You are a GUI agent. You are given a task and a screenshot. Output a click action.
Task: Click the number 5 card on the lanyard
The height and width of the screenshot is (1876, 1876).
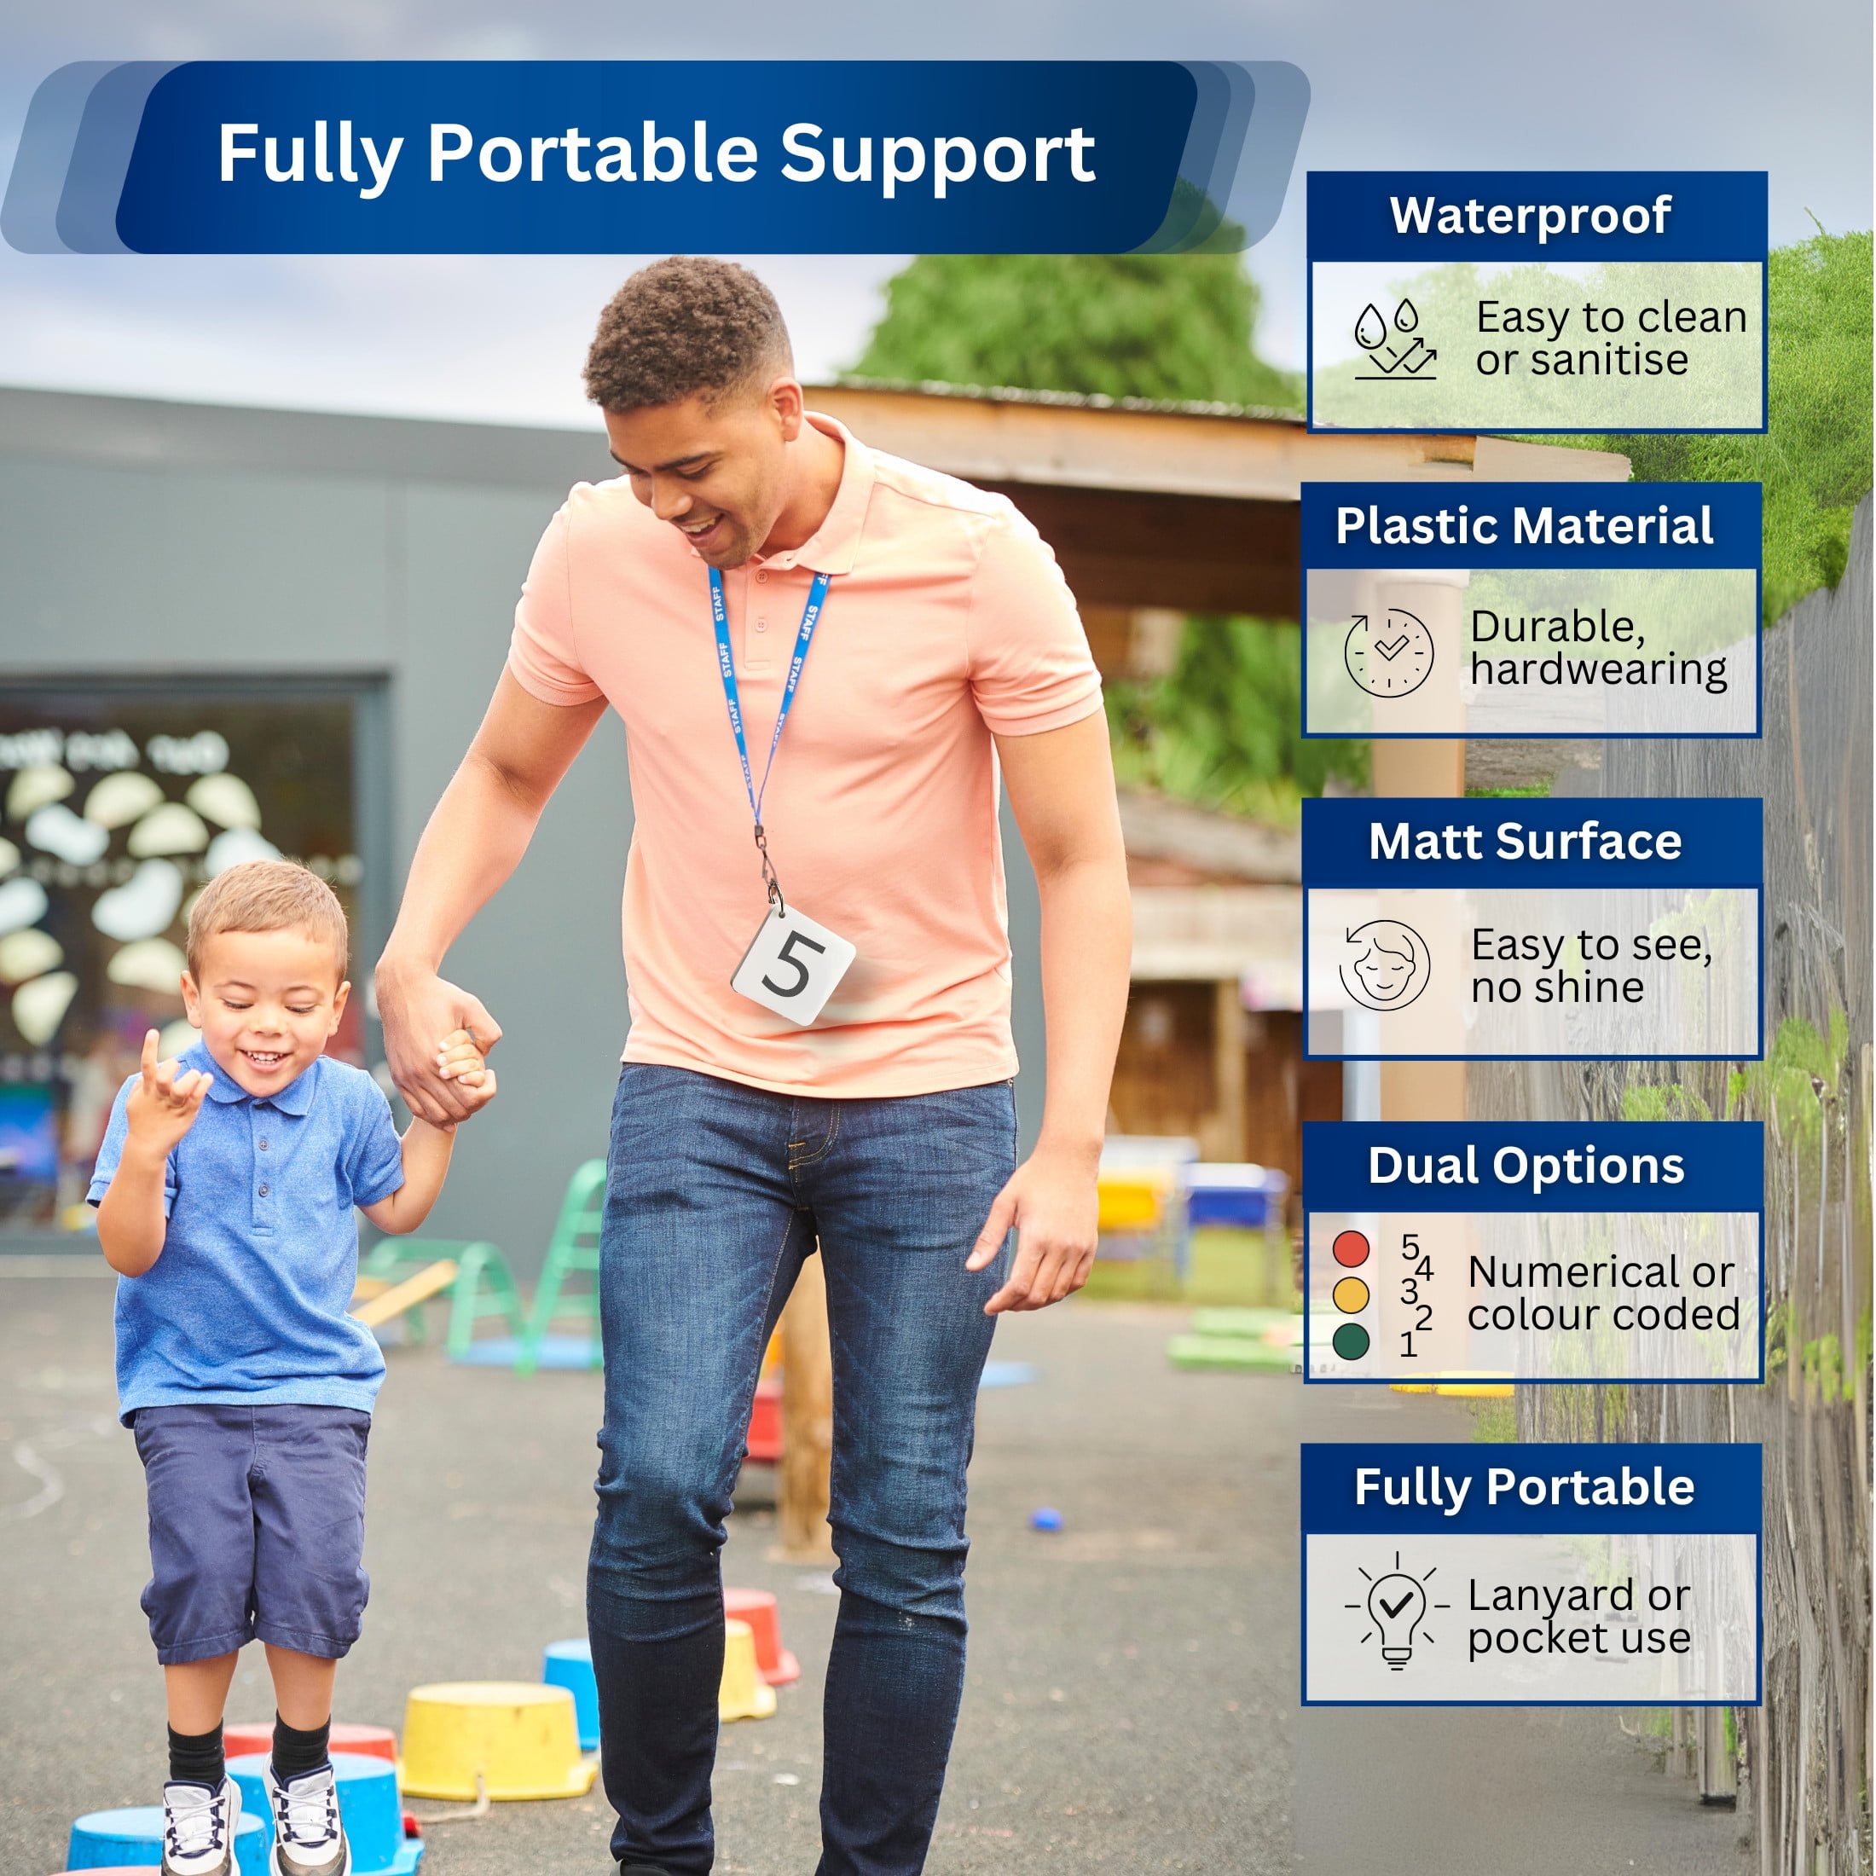click(792, 964)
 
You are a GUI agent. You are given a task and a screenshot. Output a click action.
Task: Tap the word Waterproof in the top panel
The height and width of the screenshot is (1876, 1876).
click(1531, 216)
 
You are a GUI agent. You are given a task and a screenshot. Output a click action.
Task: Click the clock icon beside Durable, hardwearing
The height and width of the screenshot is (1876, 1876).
click(1388, 651)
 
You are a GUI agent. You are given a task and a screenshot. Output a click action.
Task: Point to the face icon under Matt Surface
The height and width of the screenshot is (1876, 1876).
click(1384, 966)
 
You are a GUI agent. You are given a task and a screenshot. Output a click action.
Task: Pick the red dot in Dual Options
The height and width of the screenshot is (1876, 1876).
click(1351, 1248)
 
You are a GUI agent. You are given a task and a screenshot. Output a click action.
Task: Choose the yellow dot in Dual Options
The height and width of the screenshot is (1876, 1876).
click(1351, 1294)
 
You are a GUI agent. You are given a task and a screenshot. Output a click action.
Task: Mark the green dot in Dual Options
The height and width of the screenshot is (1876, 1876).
click(1351, 1341)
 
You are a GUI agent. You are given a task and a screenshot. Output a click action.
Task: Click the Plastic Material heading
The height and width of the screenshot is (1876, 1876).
click(1525, 526)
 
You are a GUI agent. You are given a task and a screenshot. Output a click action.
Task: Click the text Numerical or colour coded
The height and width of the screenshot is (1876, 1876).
click(1603, 1294)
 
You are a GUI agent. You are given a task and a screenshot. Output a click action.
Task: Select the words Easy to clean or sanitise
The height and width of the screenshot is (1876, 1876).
click(1611, 338)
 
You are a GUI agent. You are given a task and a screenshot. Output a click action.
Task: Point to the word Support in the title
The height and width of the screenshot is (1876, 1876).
click(937, 155)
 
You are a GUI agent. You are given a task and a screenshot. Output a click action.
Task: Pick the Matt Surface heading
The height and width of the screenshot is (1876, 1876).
click(1525, 841)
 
